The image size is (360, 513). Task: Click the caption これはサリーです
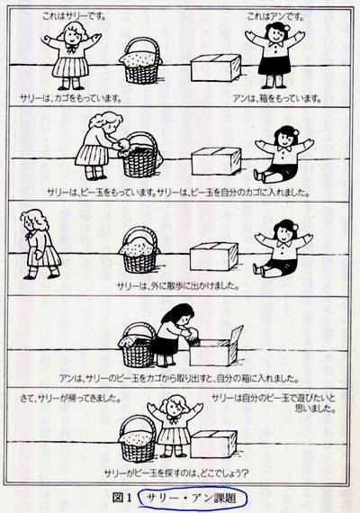click(x=74, y=16)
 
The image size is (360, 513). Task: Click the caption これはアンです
click(x=275, y=16)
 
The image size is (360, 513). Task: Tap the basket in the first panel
click(x=141, y=61)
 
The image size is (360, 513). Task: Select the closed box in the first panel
click(x=216, y=67)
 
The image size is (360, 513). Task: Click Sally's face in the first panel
click(x=71, y=36)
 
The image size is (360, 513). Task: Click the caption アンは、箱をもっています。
click(x=277, y=98)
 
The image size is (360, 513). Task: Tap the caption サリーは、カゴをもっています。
click(x=71, y=98)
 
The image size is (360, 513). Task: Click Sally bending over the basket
click(x=98, y=146)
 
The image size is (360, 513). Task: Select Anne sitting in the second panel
click(x=283, y=154)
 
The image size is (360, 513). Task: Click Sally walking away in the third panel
click(x=40, y=244)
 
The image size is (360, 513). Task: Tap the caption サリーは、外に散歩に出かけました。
click(x=177, y=286)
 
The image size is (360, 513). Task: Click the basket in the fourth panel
click(x=138, y=346)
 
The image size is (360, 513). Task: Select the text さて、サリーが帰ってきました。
click(x=70, y=399)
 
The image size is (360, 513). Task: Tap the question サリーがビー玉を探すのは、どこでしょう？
click(x=176, y=473)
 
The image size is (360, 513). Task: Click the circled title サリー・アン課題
click(x=192, y=499)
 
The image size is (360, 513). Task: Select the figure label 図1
click(x=121, y=498)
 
